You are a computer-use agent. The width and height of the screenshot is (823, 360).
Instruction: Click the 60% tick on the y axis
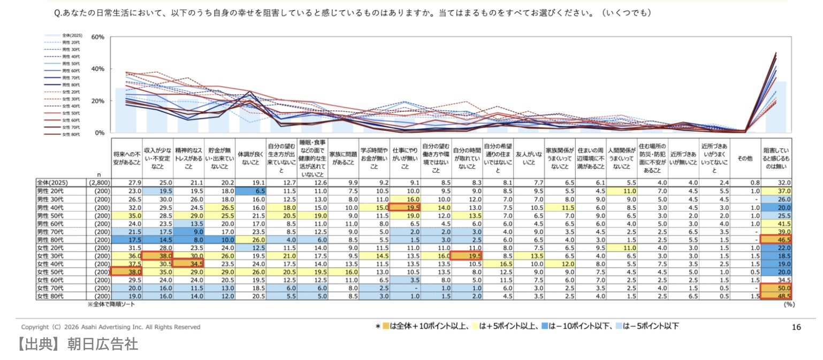pos(98,37)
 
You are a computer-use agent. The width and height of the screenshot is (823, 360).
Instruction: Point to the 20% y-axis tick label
pos(98,101)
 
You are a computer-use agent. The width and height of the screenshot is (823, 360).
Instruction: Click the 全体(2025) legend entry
pos(70,35)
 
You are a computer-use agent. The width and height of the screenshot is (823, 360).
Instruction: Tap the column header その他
pos(744,158)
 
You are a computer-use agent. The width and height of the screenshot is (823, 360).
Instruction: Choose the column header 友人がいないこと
pos(528,158)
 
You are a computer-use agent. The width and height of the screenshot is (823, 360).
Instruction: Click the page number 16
pos(796,327)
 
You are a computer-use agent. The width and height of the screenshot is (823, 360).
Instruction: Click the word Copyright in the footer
pos(35,327)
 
